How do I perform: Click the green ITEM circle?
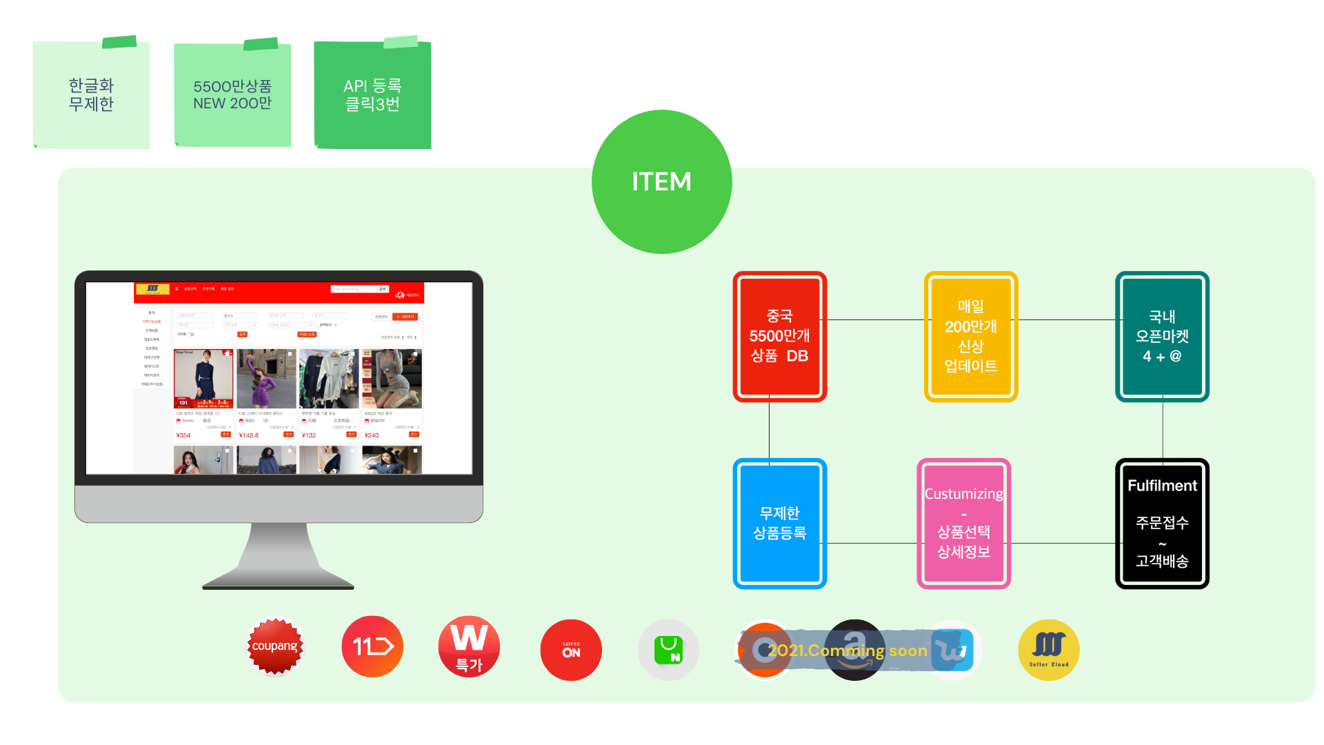point(661,181)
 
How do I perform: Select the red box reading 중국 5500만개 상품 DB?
point(779,336)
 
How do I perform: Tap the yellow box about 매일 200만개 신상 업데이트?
point(970,336)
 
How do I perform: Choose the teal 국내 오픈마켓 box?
point(1162,336)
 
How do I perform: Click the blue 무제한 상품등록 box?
point(779,523)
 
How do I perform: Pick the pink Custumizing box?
point(963,523)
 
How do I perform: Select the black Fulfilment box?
point(1162,523)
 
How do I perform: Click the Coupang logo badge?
point(275,646)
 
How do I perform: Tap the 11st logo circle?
point(372,646)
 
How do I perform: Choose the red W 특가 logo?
point(469,646)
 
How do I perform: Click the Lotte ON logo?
point(571,650)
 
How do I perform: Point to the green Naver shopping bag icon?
point(668,650)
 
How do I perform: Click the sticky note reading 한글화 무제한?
point(91,95)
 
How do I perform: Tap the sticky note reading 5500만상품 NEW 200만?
point(232,95)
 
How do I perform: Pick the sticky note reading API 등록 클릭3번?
point(372,95)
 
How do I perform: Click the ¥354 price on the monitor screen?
point(183,435)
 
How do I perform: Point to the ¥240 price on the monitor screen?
point(372,435)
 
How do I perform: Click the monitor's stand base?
point(278,579)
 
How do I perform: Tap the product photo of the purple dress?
point(266,379)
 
